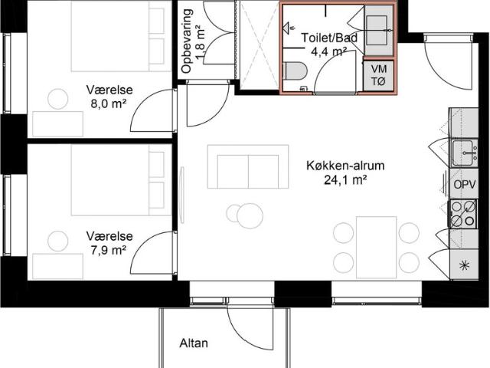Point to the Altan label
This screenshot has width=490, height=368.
point(193,343)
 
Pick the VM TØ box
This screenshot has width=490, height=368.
point(378,75)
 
